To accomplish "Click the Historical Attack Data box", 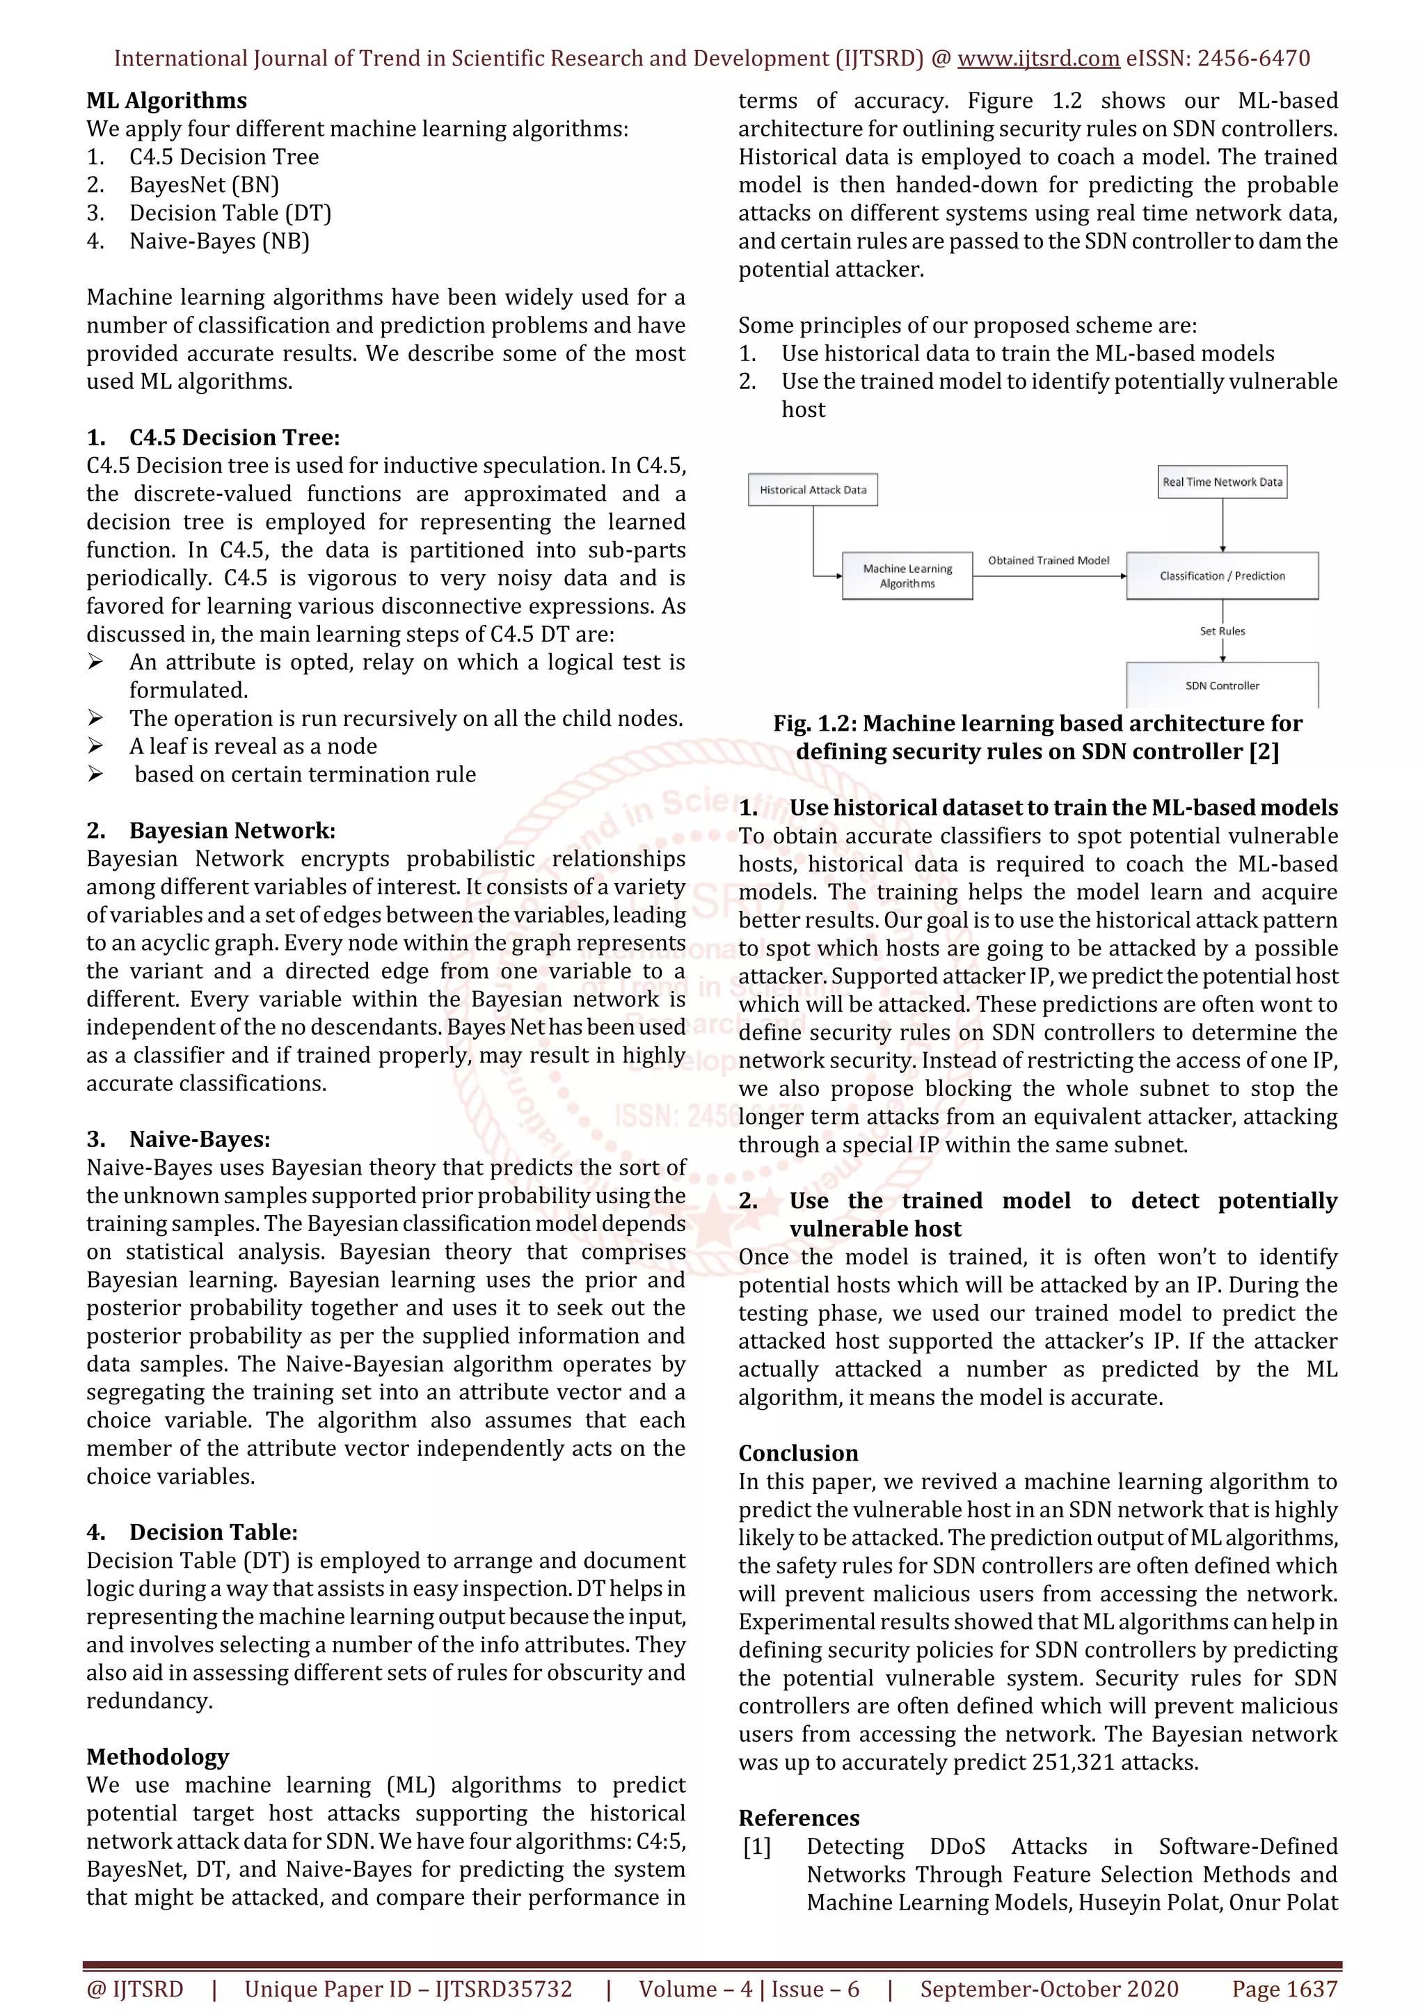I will (x=812, y=490).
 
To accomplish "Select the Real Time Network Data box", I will (x=1223, y=482).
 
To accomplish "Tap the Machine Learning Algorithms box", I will (x=907, y=576).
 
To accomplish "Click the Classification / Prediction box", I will (x=1223, y=576).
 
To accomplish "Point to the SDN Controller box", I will (x=1223, y=685).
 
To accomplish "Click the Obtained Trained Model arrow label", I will (x=1049, y=560).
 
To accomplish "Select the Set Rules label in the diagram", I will (x=1223, y=631).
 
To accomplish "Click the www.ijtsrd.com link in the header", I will (x=1038, y=59).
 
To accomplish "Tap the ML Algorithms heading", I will (x=167, y=101).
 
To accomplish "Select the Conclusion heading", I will (x=798, y=1453).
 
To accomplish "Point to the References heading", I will (x=799, y=1818).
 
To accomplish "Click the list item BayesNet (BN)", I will (x=204, y=185).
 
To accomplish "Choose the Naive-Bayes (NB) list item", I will (x=219, y=241).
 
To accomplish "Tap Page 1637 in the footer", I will (x=1284, y=1990).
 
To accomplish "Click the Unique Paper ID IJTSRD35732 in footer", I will (x=408, y=1990).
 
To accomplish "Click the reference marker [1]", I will (x=757, y=1846).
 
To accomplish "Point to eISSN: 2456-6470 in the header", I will (x=1218, y=59).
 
